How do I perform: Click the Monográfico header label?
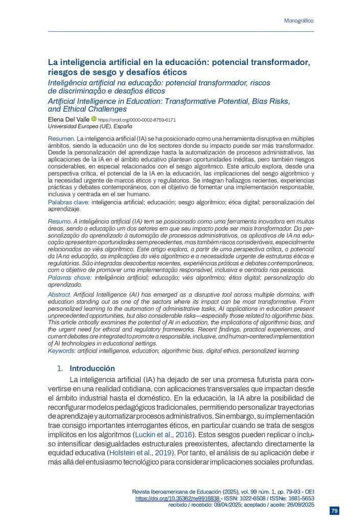click(298, 20)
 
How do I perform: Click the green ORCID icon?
click(94, 119)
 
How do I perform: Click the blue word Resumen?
click(61, 139)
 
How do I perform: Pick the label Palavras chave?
click(70, 277)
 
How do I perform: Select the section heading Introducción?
click(92, 368)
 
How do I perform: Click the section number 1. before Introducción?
click(60, 368)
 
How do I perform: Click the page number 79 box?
click(334, 511)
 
